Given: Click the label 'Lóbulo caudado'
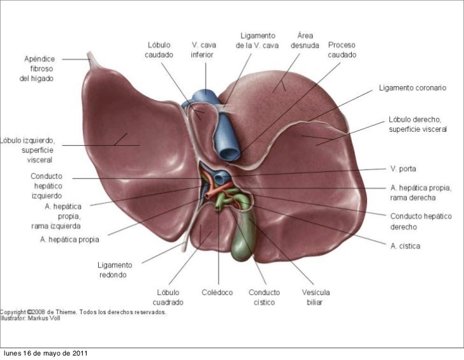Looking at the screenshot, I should tap(158, 50).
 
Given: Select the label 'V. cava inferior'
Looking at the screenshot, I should tap(203, 50).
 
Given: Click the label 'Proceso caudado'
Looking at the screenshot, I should tap(342, 50).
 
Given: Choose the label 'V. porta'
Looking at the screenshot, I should tap(403, 169).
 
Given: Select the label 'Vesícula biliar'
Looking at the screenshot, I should tap(315, 296).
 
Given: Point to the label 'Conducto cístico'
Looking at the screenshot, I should tap(263, 296).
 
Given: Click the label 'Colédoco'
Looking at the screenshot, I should tap(217, 292).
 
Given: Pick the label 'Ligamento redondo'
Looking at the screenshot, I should tap(115, 270).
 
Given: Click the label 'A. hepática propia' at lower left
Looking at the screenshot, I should tap(69, 240).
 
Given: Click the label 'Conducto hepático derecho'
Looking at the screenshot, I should tap(421, 222).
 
